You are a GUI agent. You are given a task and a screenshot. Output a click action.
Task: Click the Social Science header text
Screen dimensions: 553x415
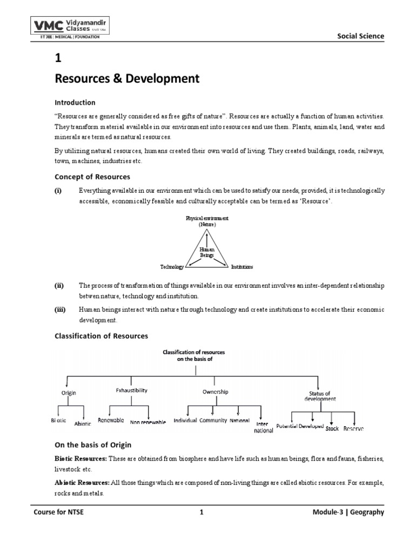point(360,36)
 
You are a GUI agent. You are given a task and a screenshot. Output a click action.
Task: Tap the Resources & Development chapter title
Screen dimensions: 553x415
point(127,79)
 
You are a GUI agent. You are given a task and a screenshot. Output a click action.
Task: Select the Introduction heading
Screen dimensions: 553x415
point(76,103)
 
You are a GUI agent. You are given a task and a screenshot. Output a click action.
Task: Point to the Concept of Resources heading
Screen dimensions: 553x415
point(92,177)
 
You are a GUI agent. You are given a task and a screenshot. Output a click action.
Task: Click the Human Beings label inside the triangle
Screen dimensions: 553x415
point(207,252)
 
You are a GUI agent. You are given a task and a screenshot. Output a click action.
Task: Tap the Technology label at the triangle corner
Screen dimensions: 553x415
point(172,267)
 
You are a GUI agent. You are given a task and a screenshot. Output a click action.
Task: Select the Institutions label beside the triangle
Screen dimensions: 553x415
point(242,267)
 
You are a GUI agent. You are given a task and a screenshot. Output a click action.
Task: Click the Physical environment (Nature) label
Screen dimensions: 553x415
point(207,220)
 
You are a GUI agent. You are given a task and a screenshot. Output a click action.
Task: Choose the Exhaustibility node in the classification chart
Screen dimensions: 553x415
point(132,390)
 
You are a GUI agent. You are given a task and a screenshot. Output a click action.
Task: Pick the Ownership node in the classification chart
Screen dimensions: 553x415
point(215,392)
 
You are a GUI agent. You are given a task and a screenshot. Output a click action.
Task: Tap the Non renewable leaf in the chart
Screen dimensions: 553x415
point(147,422)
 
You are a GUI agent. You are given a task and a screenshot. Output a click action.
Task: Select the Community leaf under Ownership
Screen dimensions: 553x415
point(213,420)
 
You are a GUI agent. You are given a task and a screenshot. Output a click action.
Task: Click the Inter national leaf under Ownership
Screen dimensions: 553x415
point(263,427)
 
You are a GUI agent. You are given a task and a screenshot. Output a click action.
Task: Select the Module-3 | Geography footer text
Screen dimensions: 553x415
point(351,512)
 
